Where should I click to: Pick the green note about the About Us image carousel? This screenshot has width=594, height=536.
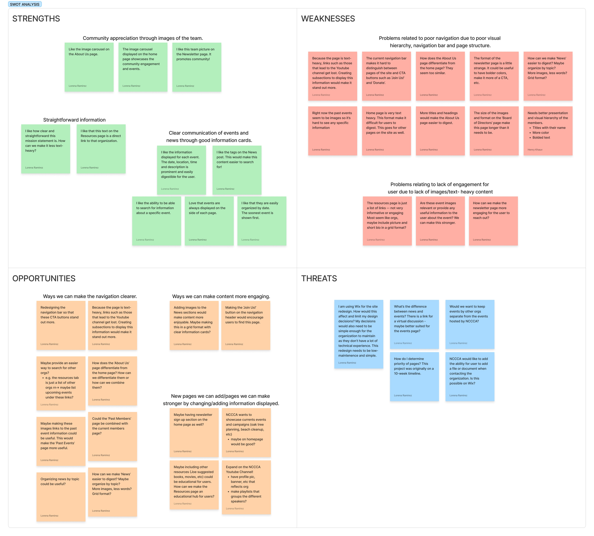tap(89, 67)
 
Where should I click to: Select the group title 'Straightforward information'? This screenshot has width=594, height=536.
tap(74, 120)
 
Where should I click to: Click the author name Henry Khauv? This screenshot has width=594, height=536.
tap(535, 150)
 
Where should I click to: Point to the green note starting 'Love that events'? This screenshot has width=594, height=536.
tap(209, 221)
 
